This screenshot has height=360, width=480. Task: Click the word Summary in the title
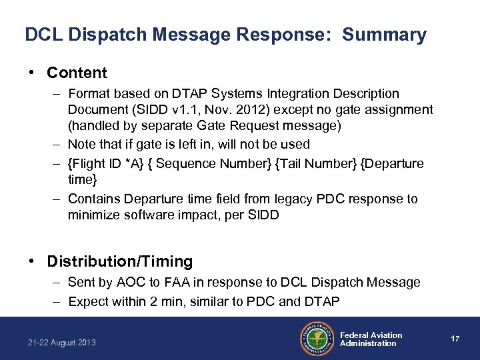(x=385, y=35)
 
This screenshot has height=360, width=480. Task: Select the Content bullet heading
(x=77, y=73)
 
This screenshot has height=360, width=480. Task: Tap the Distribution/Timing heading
(x=120, y=261)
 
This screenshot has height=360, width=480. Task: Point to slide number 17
(x=455, y=339)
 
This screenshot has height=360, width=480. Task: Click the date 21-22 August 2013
(x=62, y=342)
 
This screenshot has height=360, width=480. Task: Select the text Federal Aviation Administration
(x=371, y=339)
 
